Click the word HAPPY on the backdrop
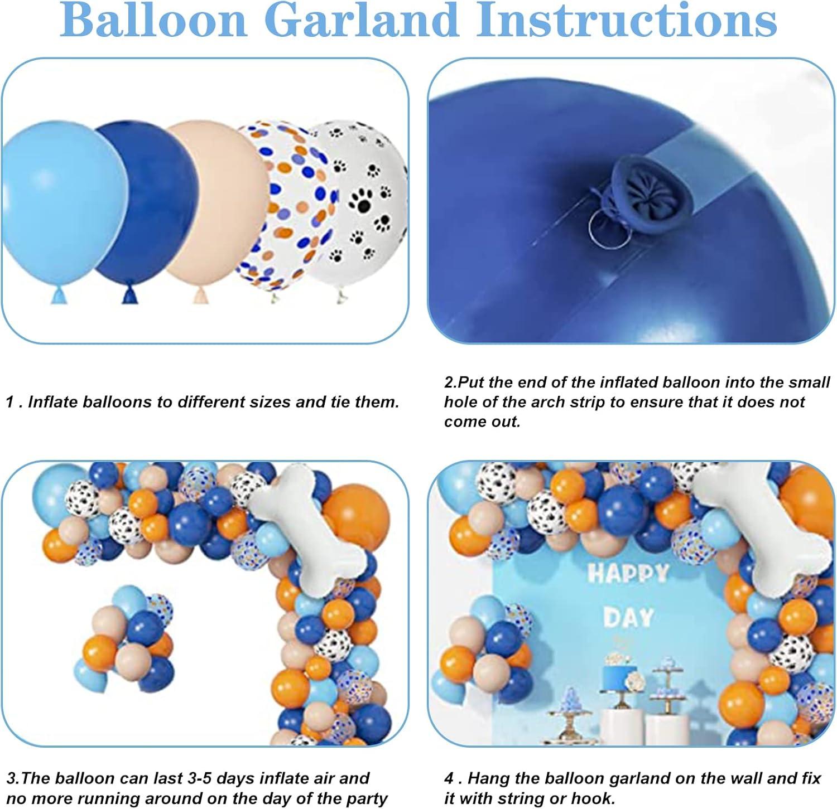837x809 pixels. click(x=628, y=574)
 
